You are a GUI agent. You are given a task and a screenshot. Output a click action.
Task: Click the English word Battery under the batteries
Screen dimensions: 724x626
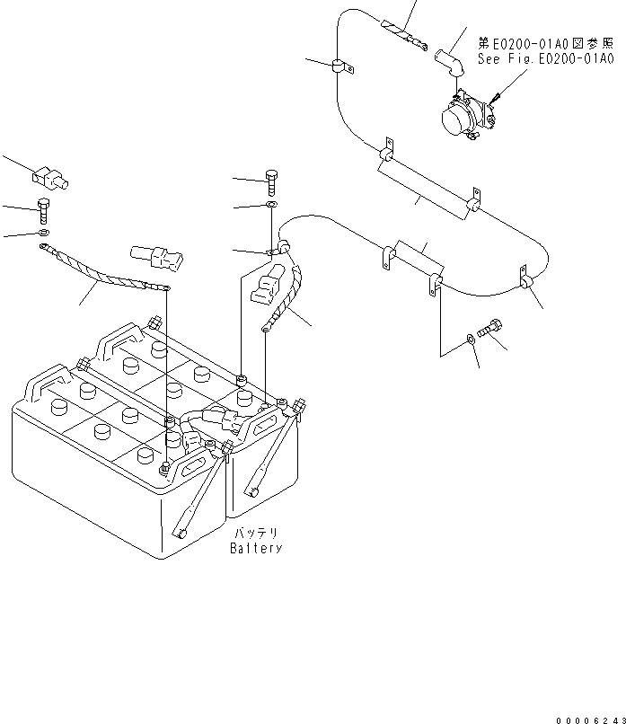point(255,548)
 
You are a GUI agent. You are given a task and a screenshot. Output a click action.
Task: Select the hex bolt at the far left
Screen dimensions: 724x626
point(44,212)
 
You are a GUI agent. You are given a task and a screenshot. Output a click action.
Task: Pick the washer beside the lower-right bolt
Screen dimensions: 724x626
point(472,340)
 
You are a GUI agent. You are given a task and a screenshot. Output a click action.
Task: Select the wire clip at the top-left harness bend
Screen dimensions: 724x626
point(339,65)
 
